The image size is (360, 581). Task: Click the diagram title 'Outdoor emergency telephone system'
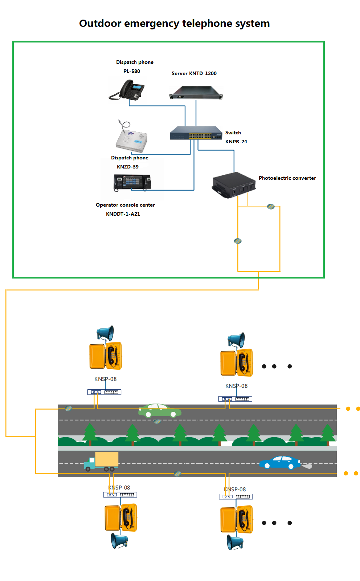[x=174, y=23]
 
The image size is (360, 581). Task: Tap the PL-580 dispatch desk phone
[x=128, y=90]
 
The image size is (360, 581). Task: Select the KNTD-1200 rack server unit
[x=196, y=93]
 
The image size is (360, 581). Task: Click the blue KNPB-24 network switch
[x=196, y=133]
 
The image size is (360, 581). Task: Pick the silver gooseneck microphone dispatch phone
[x=132, y=138]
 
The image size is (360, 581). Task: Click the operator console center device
[x=132, y=182]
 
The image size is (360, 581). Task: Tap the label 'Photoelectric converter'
[x=287, y=178]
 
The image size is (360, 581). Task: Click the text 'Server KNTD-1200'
[x=194, y=73]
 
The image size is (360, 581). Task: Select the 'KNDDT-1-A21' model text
[x=123, y=214]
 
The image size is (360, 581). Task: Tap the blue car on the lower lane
[x=280, y=463]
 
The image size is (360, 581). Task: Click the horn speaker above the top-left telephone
[x=106, y=333]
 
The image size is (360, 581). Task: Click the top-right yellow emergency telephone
[x=237, y=363]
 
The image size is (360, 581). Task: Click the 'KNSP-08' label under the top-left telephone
[x=105, y=379]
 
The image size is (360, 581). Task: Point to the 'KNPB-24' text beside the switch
[x=236, y=142]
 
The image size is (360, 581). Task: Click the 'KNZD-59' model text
[x=127, y=167]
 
